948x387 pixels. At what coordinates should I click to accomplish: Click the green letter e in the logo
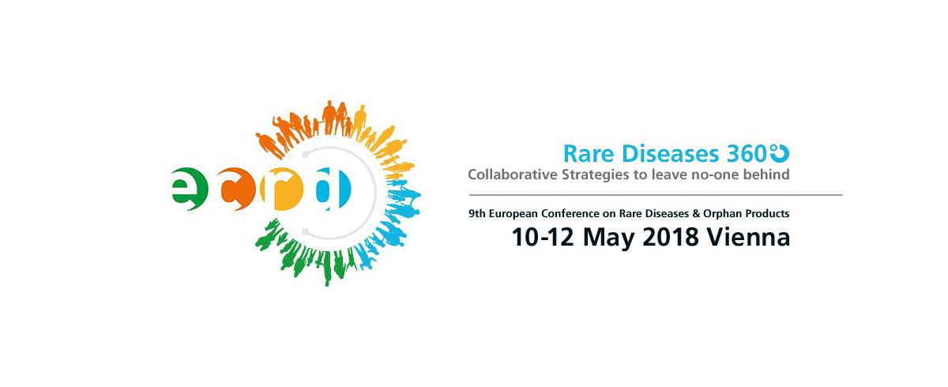189,189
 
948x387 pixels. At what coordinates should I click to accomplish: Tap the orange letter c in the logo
239,189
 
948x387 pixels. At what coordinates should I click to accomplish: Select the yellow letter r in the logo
282,189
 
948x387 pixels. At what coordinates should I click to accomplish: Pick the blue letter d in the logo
333,189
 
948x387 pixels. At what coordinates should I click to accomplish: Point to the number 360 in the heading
747,153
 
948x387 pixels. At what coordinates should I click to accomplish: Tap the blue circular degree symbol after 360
780,152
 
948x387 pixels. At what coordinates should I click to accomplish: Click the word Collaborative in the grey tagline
513,175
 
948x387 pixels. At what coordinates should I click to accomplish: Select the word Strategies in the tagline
596,175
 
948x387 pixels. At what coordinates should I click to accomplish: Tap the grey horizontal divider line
656,195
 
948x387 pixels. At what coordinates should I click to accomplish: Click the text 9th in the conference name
477,213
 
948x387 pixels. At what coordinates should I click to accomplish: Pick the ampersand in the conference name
696,213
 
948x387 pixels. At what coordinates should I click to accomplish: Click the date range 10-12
542,237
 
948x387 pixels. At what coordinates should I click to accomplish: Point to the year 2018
671,237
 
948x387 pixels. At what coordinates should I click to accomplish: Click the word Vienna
749,237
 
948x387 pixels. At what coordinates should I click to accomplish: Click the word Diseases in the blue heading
671,153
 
